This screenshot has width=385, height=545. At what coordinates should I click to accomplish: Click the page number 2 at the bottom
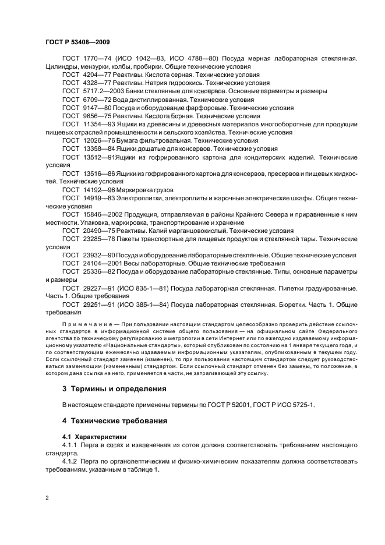coord(47,498)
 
